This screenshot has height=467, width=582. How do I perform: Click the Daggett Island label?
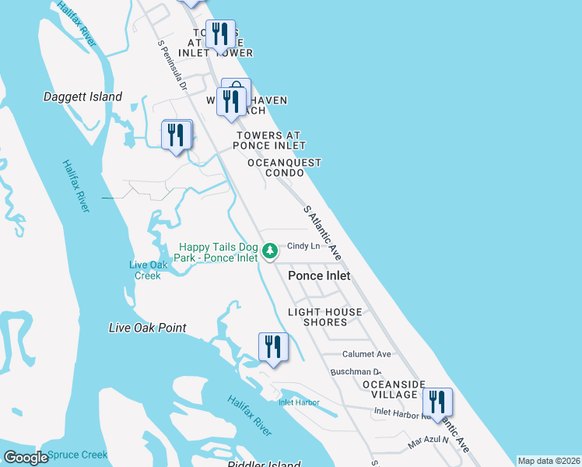click(82, 97)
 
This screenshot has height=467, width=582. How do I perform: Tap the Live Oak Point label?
click(147, 328)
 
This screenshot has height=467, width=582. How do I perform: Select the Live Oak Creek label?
click(148, 270)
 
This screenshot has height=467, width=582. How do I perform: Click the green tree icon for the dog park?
click(270, 251)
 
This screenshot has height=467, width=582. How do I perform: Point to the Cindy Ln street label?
click(303, 246)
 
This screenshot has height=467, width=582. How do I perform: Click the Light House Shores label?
click(325, 318)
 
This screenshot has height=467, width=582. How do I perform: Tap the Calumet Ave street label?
click(366, 354)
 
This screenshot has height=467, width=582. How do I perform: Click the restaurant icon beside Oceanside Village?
click(438, 403)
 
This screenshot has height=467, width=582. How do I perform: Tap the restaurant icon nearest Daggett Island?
click(177, 135)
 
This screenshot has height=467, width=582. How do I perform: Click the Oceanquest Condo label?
click(284, 167)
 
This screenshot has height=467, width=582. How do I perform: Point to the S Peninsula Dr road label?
click(172, 65)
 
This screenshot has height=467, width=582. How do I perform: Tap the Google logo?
click(26, 458)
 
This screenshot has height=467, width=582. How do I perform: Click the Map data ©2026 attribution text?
click(548, 461)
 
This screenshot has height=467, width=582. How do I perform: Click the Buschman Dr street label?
click(355, 372)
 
